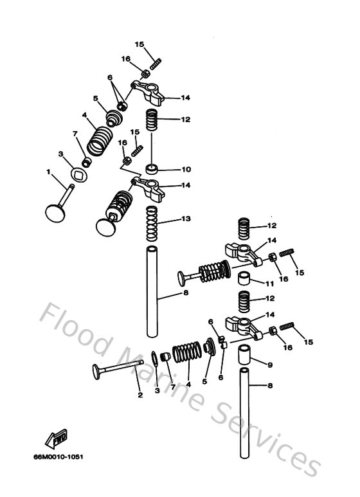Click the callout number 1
point(48,172)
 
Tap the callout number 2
point(139,395)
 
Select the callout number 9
point(270,365)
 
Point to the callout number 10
point(186,170)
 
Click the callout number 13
point(186,219)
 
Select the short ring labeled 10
point(152,170)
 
